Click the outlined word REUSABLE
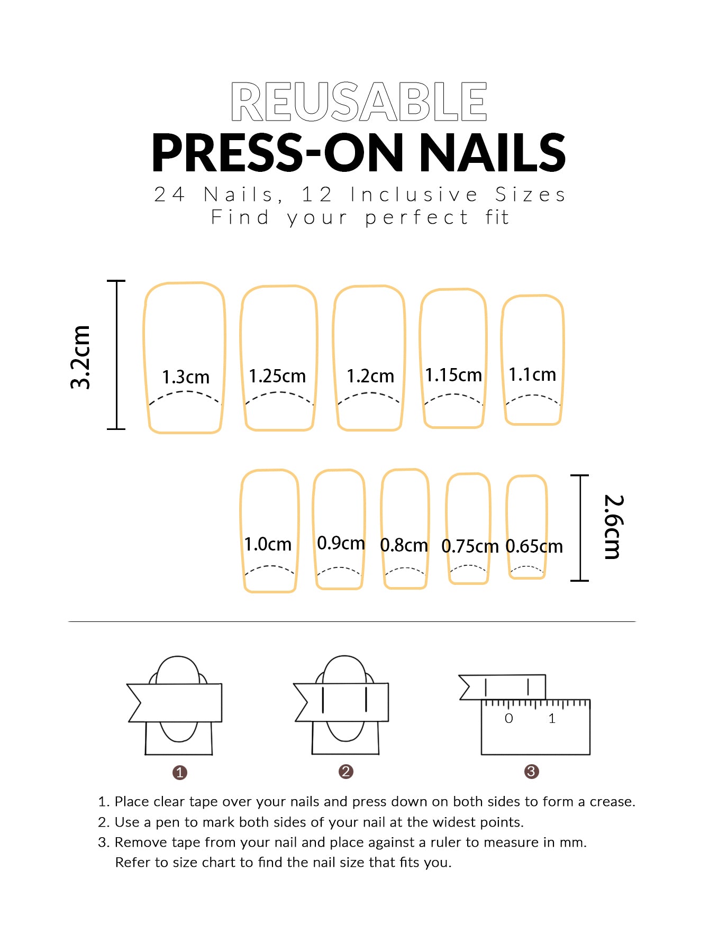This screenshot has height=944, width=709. [359, 102]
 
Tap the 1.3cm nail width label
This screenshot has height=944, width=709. [186, 377]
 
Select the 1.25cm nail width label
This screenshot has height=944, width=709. [277, 376]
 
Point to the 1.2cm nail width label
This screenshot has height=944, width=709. [370, 376]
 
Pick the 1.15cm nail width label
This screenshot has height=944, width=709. [453, 375]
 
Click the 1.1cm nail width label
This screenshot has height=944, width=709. [532, 374]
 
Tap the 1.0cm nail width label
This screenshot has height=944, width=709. [268, 544]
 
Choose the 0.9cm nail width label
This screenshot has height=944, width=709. [341, 543]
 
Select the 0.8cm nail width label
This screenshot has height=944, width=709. [404, 545]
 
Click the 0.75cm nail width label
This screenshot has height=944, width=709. [470, 546]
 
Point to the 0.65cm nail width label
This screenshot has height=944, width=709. [534, 546]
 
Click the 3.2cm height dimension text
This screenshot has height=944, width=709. [81, 358]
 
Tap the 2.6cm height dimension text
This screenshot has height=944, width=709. [614, 527]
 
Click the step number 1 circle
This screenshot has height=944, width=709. [180, 773]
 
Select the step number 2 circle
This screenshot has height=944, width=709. [346, 772]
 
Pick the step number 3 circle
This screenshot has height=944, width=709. [531, 772]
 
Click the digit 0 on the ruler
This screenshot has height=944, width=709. [508, 718]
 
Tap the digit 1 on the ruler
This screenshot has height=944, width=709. [552, 718]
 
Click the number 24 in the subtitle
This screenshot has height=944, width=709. [169, 195]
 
